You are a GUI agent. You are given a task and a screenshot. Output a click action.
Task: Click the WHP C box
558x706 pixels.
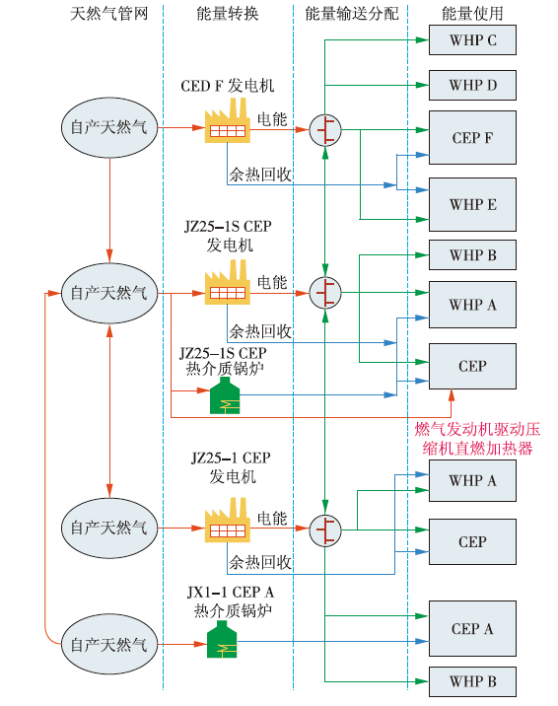click(472, 40)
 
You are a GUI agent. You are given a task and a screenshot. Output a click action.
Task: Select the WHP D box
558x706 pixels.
click(472, 85)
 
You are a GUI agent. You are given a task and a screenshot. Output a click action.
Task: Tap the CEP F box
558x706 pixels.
click(472, 137)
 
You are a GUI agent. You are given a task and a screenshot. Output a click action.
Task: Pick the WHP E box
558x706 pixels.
click(472, 204)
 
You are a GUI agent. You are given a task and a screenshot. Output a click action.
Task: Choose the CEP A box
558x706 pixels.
click(472, 628)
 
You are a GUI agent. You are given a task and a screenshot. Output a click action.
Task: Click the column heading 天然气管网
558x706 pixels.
click(109, 14)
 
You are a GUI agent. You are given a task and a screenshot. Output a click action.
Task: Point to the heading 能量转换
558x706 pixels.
click(228, 14)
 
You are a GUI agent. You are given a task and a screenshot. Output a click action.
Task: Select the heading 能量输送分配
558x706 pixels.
click(351, 14)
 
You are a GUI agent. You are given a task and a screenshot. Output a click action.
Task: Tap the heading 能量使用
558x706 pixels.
click(472, 14)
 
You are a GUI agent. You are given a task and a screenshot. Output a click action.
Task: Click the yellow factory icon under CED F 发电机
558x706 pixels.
click(228, 120)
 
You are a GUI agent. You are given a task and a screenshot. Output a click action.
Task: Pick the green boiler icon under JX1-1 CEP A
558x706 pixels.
click(222, 639)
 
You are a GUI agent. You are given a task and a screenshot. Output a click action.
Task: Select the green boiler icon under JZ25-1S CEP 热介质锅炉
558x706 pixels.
click(225, 395)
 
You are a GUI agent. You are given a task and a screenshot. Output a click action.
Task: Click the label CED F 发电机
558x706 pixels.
click(228, 86)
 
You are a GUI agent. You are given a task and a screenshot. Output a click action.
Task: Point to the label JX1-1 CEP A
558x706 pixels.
click(231, 592)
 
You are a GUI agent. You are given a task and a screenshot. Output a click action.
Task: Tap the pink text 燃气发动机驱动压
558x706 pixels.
click(477, 429)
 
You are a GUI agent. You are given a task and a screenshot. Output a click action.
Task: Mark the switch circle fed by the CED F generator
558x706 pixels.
click(325, 130)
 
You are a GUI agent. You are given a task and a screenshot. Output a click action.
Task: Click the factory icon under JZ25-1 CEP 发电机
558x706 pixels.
click(228, 520)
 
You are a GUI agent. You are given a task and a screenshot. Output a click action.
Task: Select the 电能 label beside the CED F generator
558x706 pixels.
click(272, 119)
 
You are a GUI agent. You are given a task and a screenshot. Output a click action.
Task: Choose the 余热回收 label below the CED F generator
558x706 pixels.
click(260, 175)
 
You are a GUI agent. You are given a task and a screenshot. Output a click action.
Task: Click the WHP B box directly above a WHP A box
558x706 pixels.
click(472, 254)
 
